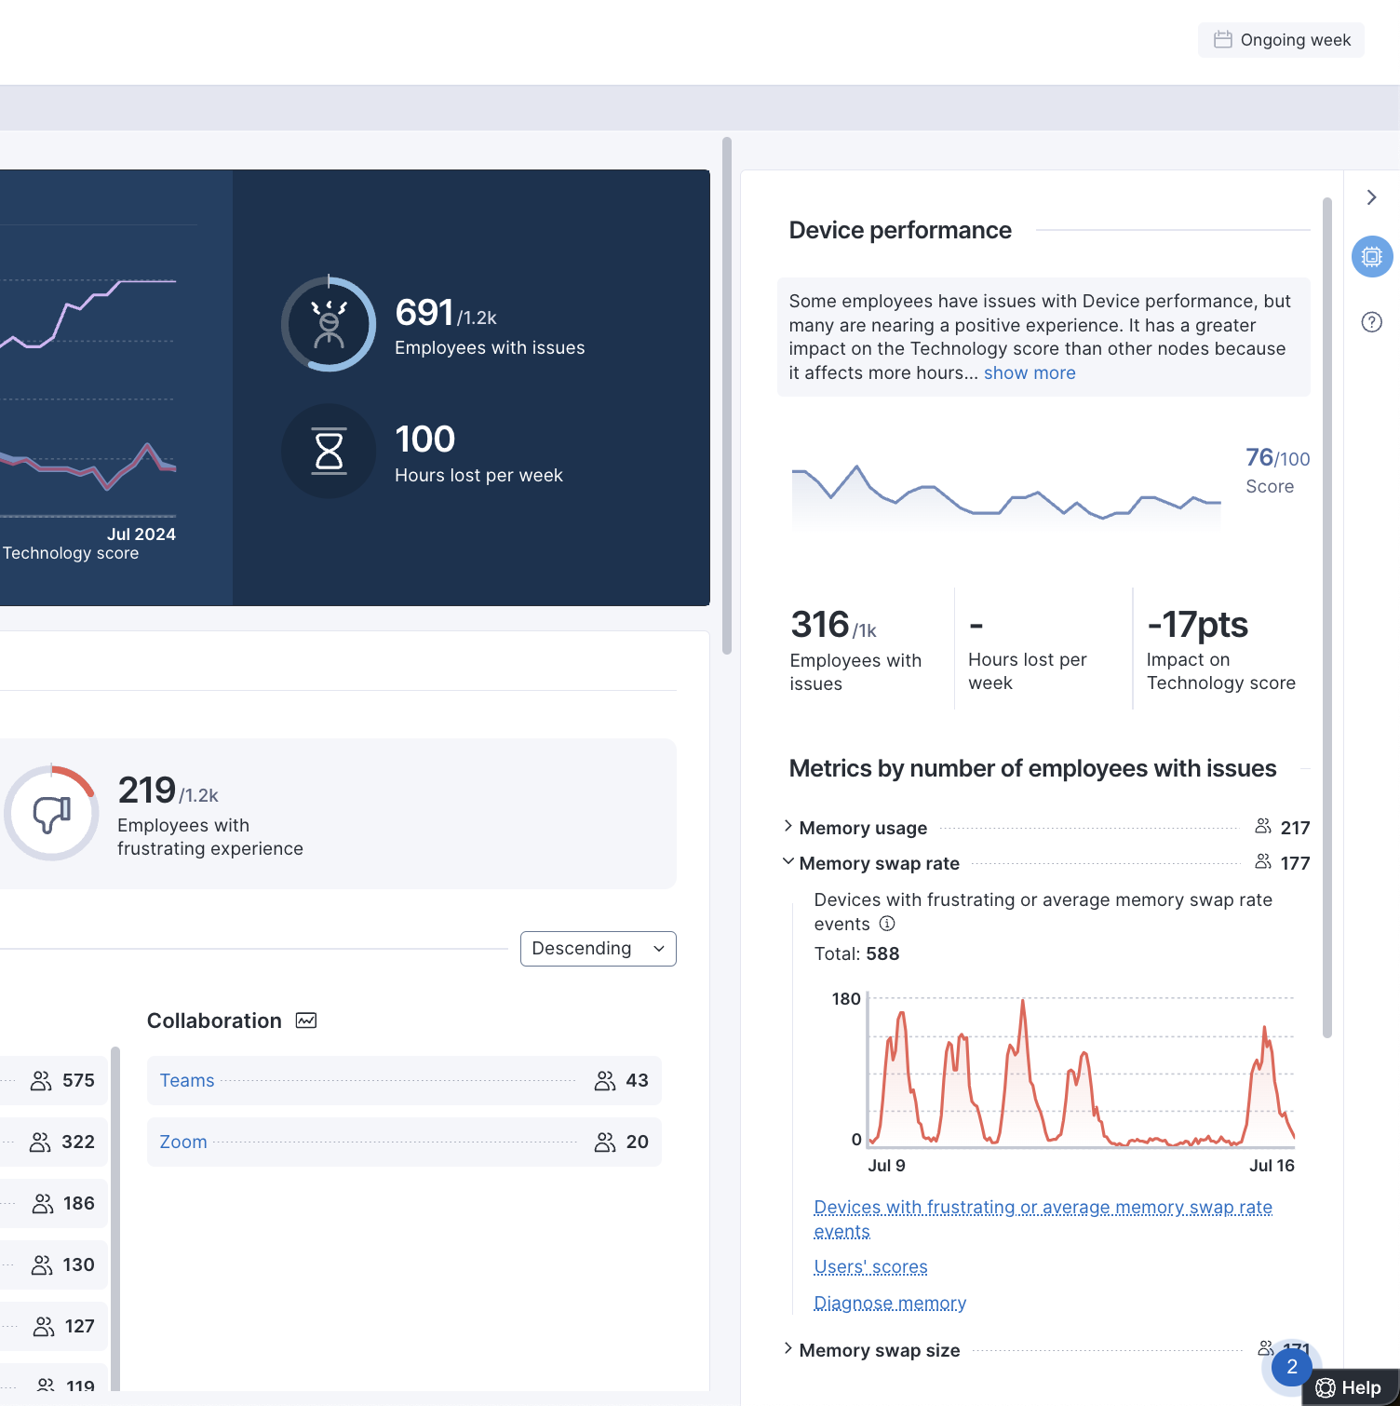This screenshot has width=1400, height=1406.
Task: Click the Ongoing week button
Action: pos(1281,40)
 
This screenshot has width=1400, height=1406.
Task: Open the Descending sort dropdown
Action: pos(598,949)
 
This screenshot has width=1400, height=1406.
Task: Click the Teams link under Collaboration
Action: pos(187,1080)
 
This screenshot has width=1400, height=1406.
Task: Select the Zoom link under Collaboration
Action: pos(183,1142)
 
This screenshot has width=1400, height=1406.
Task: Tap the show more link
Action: pos(1030,373)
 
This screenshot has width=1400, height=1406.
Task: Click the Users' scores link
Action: pos(870,1267)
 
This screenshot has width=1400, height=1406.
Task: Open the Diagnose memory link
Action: pos(890,1304)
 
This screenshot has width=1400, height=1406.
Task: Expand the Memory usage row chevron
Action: pos(788,826)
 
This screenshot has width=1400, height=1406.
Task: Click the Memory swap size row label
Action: pos(880,1350)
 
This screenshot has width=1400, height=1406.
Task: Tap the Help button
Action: pos(1350,1387)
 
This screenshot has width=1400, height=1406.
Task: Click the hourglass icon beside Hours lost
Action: pos(329,451)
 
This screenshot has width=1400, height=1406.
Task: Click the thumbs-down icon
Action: pos(52,814)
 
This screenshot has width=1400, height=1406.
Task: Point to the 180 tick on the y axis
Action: pos(846,999)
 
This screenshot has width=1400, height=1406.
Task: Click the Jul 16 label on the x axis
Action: pos(1272,1166)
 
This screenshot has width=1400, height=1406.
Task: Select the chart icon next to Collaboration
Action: pos(306,1021)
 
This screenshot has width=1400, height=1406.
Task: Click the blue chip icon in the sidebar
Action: pos(1372,256)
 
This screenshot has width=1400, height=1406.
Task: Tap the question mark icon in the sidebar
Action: pos(1372,322)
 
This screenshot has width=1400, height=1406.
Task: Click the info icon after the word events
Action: pos(887,924)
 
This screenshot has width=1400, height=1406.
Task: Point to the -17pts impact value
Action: pos(1197,625)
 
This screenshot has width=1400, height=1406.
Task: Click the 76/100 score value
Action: pos(1277,458)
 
